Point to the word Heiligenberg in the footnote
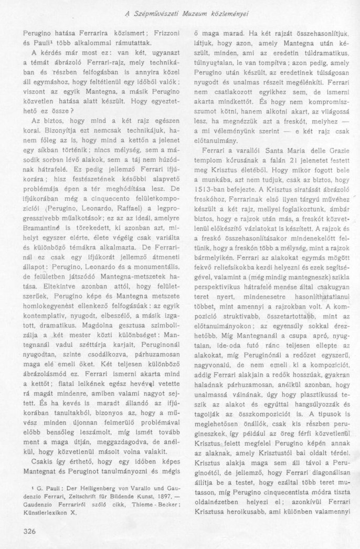click(x=93, y=488)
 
